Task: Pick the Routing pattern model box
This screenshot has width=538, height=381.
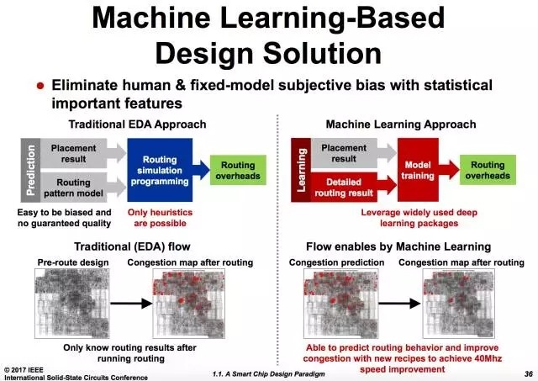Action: [73, 188]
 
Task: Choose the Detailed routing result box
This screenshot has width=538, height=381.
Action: [345, 188]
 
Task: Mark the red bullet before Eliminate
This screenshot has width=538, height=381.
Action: [40, 87]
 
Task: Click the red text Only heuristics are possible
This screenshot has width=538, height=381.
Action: [160, 218]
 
